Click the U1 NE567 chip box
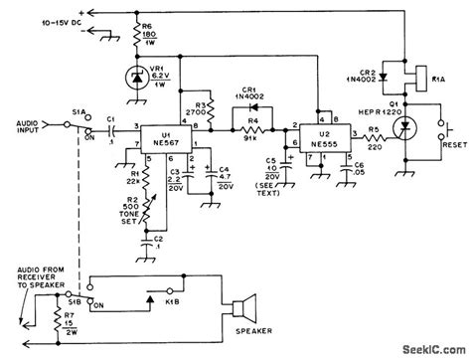click(159, 134)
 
